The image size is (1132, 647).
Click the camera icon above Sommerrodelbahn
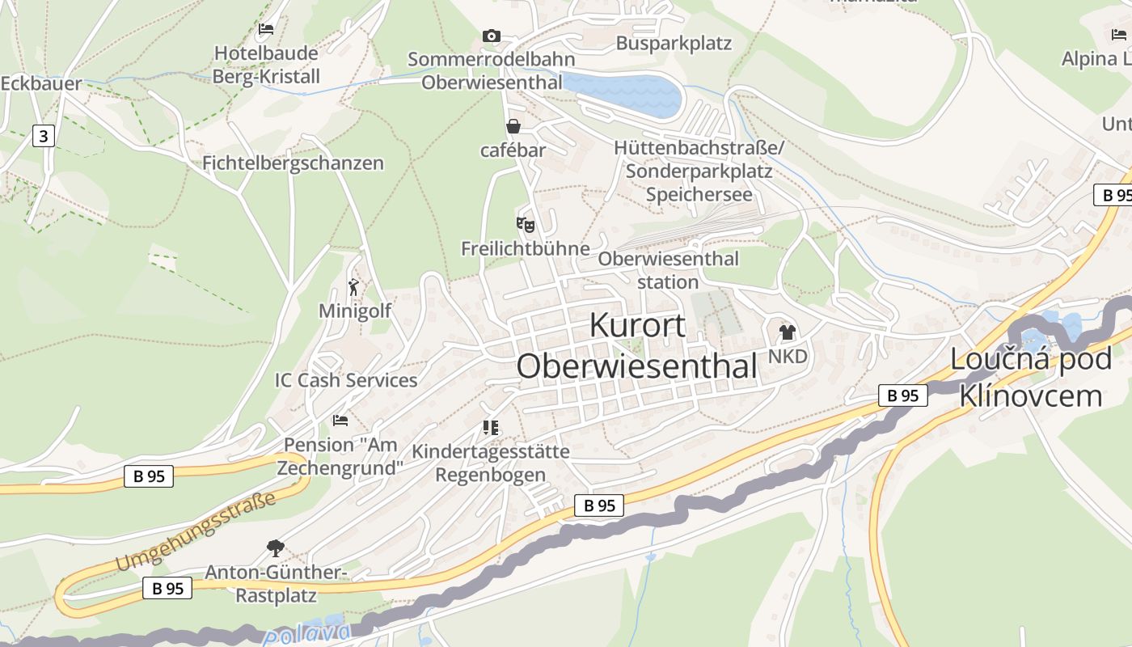(x=491, y=36)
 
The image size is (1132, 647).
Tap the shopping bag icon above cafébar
(x=513, y=126)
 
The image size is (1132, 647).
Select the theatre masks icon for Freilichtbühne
(x=526, y=224)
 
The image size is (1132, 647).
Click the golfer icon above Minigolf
(x=353, y=286)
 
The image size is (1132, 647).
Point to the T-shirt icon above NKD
(x=787, y=332)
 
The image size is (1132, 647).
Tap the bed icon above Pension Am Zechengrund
(x=340, y=421)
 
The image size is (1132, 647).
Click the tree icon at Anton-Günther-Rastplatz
(x=276, y=548)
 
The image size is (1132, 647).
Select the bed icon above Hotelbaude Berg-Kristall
(x=266, y=29)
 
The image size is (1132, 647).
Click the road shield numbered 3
(x=44, y=136)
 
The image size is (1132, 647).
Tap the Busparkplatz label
(x=674, y=43)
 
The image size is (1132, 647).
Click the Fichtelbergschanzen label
(x=293, y=163)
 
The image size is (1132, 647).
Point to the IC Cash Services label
(x=346, y=380)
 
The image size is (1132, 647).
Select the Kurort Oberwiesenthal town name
(x=637, y=345)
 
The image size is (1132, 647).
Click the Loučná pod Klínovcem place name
(x=1031, y=377)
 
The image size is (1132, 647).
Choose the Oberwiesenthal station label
(x=668, y=270)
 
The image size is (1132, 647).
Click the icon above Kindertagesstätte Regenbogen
(x=490, y=427)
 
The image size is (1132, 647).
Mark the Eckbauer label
(x=40, y=84)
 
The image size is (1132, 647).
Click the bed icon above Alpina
(x=1119, y=35)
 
